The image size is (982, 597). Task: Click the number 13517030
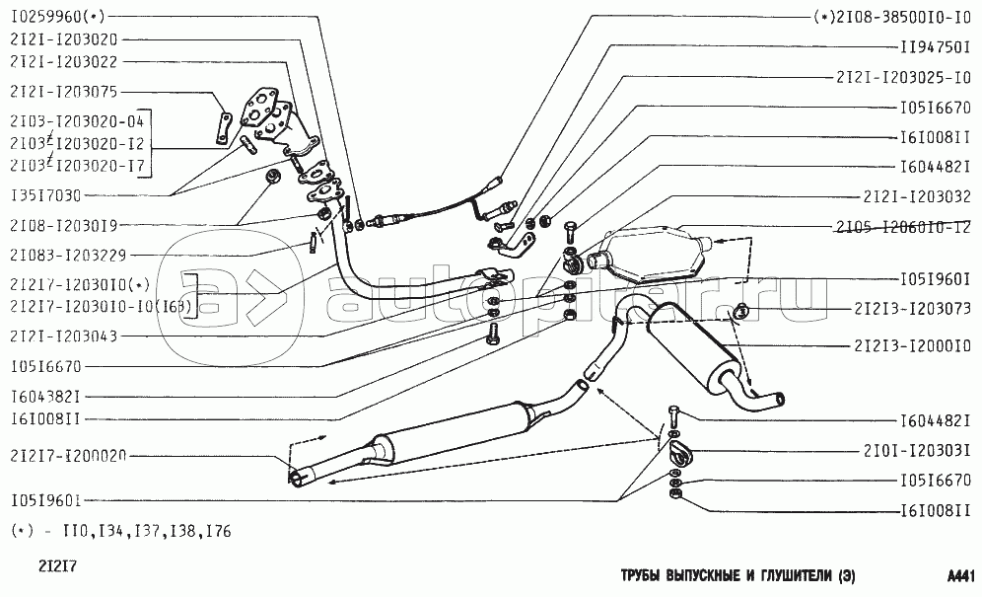point(46,195)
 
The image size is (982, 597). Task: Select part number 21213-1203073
point(911,309)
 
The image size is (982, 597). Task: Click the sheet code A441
point(960,575)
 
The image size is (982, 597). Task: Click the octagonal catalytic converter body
point(657,257)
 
